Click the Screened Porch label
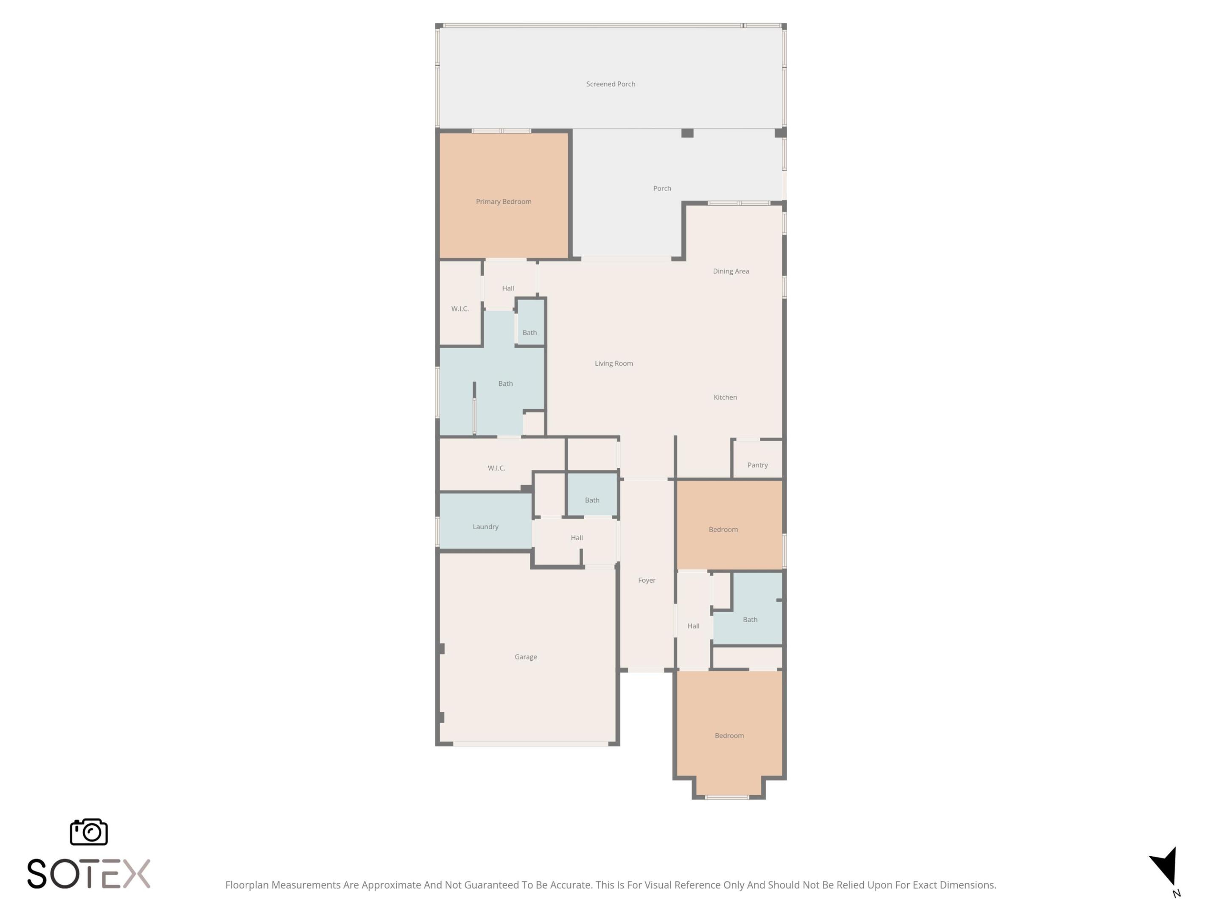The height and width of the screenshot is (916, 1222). click(x=611, y=84)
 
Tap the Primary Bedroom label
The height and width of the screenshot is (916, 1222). click(x=503, y=201)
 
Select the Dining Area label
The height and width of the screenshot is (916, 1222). click(x=730, y=271)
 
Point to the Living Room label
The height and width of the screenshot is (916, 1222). click(x=613, y=363)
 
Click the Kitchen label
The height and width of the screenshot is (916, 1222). click(x=725, y=397)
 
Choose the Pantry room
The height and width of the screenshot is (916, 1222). click(x=757, y=465)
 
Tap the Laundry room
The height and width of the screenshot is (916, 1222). click(x=485, y=526)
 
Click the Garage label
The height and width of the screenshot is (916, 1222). click(x=525, y=656)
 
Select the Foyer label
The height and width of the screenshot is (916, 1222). click(x=646, y=580)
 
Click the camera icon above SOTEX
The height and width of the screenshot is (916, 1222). click(x=88, y=832)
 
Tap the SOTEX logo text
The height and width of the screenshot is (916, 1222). click(x=88, y=874)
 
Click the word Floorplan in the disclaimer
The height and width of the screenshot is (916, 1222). click(x=247, y=885)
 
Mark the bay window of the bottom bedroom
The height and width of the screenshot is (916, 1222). click(x=727, y=797)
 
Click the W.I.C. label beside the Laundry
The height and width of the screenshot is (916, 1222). click(x=496, y=468)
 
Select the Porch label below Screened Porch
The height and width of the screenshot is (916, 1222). click(x=662, y=188)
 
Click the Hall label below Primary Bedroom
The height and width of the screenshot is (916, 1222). click(x=508, y=288)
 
